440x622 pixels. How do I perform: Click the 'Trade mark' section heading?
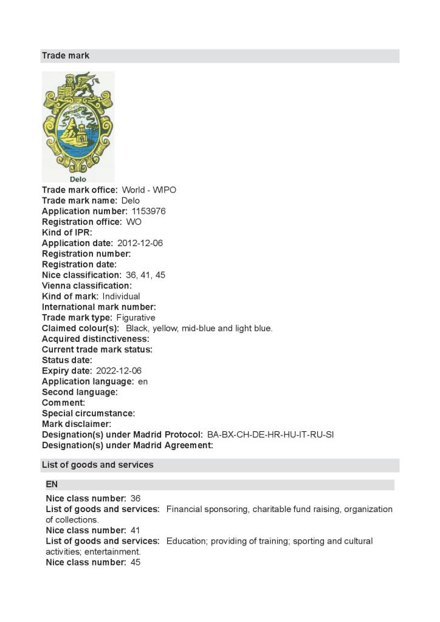click(66, 56)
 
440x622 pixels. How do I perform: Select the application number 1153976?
click(148, 211)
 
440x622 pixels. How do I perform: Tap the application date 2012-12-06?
click(140, 243)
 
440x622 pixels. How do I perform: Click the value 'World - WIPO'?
click(149, 190)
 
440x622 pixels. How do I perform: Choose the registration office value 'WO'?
click(134, 222)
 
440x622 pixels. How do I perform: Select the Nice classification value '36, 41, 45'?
click(145, 275)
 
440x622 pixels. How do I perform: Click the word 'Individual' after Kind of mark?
click(121, 296)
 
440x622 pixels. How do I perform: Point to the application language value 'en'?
click(143, 381)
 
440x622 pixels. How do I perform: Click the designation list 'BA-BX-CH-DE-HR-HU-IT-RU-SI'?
click(270, 435)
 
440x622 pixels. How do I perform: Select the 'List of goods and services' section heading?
click(97, 465)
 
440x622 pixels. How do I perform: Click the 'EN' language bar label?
click(52, 485)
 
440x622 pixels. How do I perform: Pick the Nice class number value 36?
click(136, 499)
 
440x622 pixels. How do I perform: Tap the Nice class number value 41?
click(136, 530)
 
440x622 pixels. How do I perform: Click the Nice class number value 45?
click(136, 562)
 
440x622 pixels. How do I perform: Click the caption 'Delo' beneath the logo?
click(78, 179)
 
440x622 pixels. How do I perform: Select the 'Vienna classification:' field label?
click(86, 285)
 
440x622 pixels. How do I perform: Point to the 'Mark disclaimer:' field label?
click(77, 424)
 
